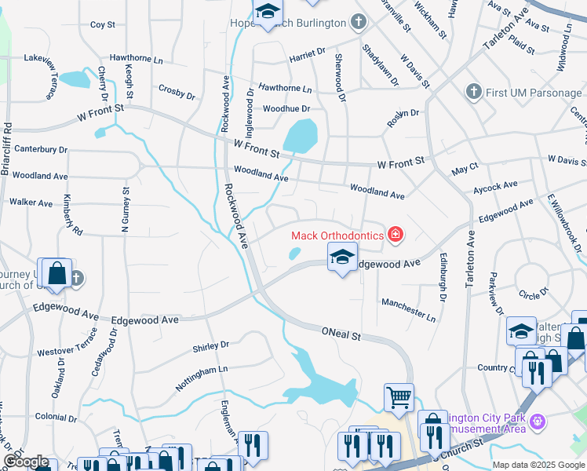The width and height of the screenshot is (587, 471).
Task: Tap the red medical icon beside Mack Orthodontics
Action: (x=396, y=234)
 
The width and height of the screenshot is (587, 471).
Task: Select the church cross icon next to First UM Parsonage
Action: (x=472, y=93)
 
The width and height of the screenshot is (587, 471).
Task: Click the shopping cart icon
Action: (x=399, y=396)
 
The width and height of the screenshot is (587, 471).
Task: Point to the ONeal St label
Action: (x=341, y=335)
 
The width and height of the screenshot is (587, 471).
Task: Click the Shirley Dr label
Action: (x=210, y=345)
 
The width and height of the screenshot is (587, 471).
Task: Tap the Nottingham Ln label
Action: (x=201, y=368)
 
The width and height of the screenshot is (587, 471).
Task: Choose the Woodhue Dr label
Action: (x=286, y=108)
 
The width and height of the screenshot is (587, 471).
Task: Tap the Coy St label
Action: (x=103, y=25)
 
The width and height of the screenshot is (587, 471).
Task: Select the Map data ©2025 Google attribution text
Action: (x=538, y=465)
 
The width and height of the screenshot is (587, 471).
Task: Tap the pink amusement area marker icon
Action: (x=538, y=422)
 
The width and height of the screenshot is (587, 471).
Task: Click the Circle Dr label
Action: (x=534, y=295)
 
